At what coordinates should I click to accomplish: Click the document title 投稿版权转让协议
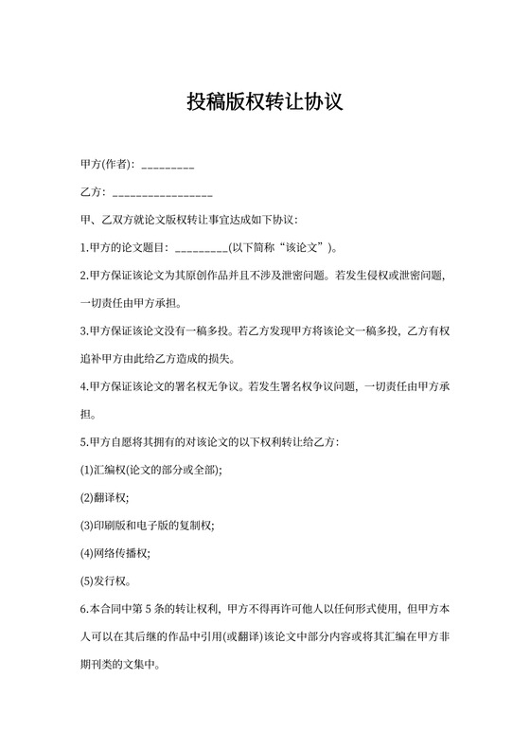pos(264,101)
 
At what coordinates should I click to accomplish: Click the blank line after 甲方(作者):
pos(168,167)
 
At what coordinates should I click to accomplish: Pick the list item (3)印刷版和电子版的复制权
pos(148,525)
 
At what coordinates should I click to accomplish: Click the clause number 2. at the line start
pos(84,277)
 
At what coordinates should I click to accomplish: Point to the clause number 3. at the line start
pos(84,331)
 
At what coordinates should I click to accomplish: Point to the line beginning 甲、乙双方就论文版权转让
pos(190,222)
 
